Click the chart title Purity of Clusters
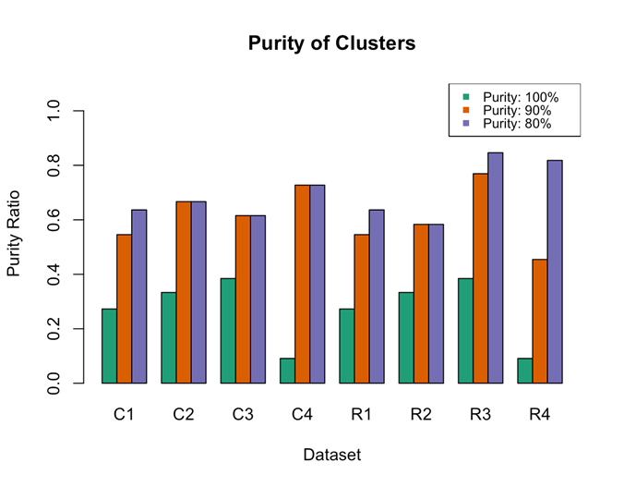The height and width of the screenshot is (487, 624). coord(311,44)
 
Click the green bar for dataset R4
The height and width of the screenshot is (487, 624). coord(525,371)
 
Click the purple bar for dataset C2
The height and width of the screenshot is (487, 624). coord(198,292)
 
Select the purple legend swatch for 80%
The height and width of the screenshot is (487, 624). coord(467,124)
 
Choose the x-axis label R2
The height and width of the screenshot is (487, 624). coord(421,415)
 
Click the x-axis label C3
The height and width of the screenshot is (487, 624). coord(243,415)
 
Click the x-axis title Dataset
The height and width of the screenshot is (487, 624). coord(331,455)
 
